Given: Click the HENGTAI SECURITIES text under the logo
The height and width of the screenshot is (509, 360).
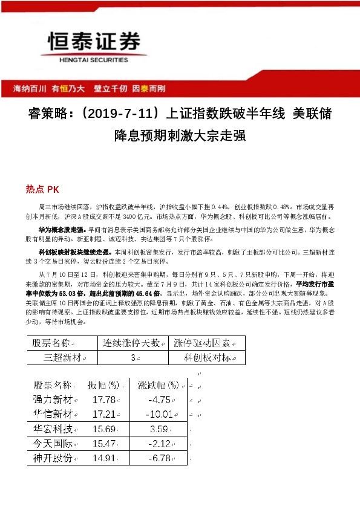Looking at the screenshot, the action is click(x=85, y=60).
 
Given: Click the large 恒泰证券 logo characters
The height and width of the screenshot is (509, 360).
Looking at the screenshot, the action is click(x=93, y=43).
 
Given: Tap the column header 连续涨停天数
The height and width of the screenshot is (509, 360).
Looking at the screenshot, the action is click(x=131, y=343).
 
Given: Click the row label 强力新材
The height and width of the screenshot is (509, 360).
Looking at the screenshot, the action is click(x=53, y=400).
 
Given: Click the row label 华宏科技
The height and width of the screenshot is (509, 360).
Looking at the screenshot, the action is click(x=53, y=429).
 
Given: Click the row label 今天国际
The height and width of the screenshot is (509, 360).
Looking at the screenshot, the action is click(x=53, y=444).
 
